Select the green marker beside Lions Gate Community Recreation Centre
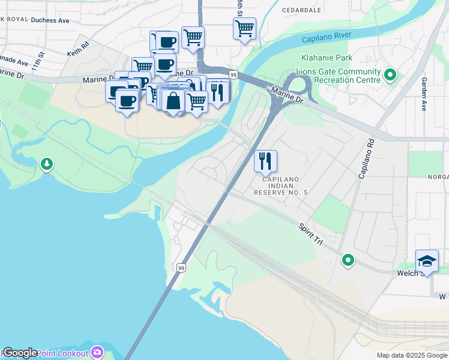(390, 76)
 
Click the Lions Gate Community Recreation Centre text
(342, 76)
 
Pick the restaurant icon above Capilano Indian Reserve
(265, 161)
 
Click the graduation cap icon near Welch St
(426, 261)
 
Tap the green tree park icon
(46, 164)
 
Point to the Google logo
(19, 353)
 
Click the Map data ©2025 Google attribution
(411, 355)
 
